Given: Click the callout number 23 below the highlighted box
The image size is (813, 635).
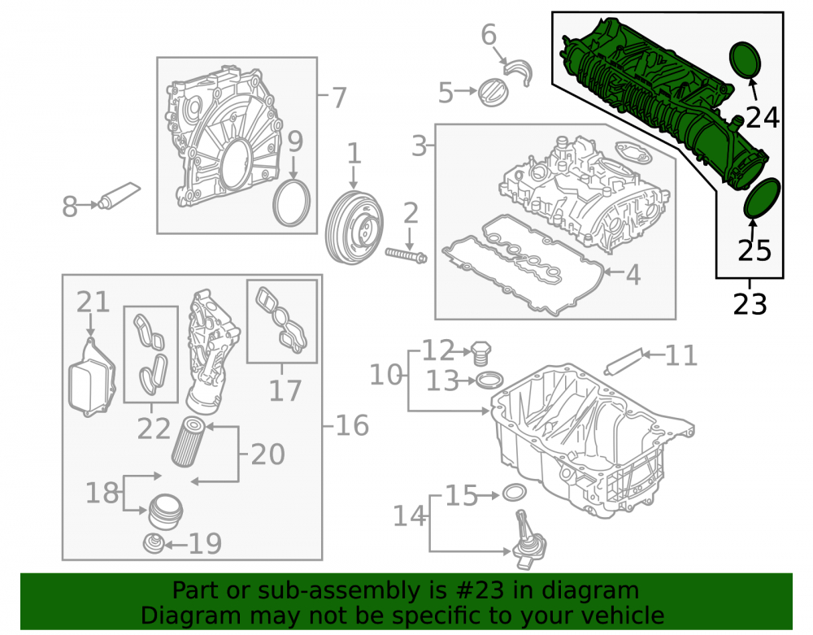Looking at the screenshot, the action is pyautogui.click(x=750, y=304).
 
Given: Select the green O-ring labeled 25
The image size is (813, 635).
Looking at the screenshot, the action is pyautogui.click(x=762, y=198).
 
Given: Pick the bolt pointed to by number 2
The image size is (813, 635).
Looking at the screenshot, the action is pyautogui.click(x=406, y=254).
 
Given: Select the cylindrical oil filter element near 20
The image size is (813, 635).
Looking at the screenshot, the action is pyautogui.click(x=189, y=441).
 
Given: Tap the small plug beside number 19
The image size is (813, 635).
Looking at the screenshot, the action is pyautogui.click(x=154, y=543).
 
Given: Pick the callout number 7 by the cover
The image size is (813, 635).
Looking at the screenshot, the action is pyautogui.click(x=338, y=98).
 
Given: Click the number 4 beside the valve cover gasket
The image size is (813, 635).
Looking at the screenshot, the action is pyautogui.click(x=633, y=275).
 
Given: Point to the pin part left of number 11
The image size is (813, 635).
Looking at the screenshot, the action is pyautogui.click(x=623, y=361).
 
